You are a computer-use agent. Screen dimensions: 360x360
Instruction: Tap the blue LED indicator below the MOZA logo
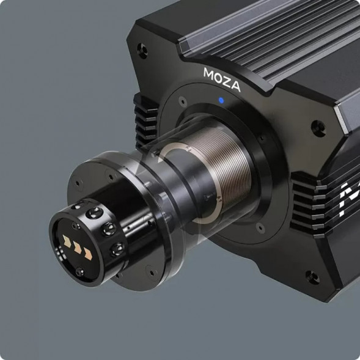click(221, 100)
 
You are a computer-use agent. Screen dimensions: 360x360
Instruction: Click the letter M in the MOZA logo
click(209, 73)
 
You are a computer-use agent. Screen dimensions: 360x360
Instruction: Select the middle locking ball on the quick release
click(109, 229)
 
